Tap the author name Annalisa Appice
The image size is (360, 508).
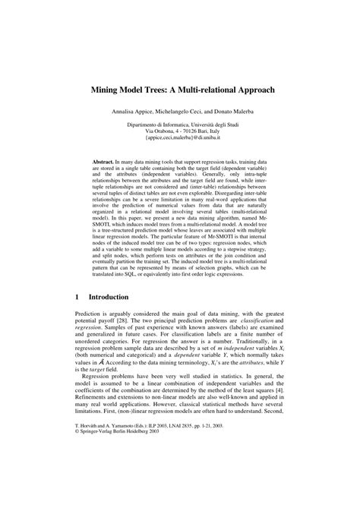(134, 111)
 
